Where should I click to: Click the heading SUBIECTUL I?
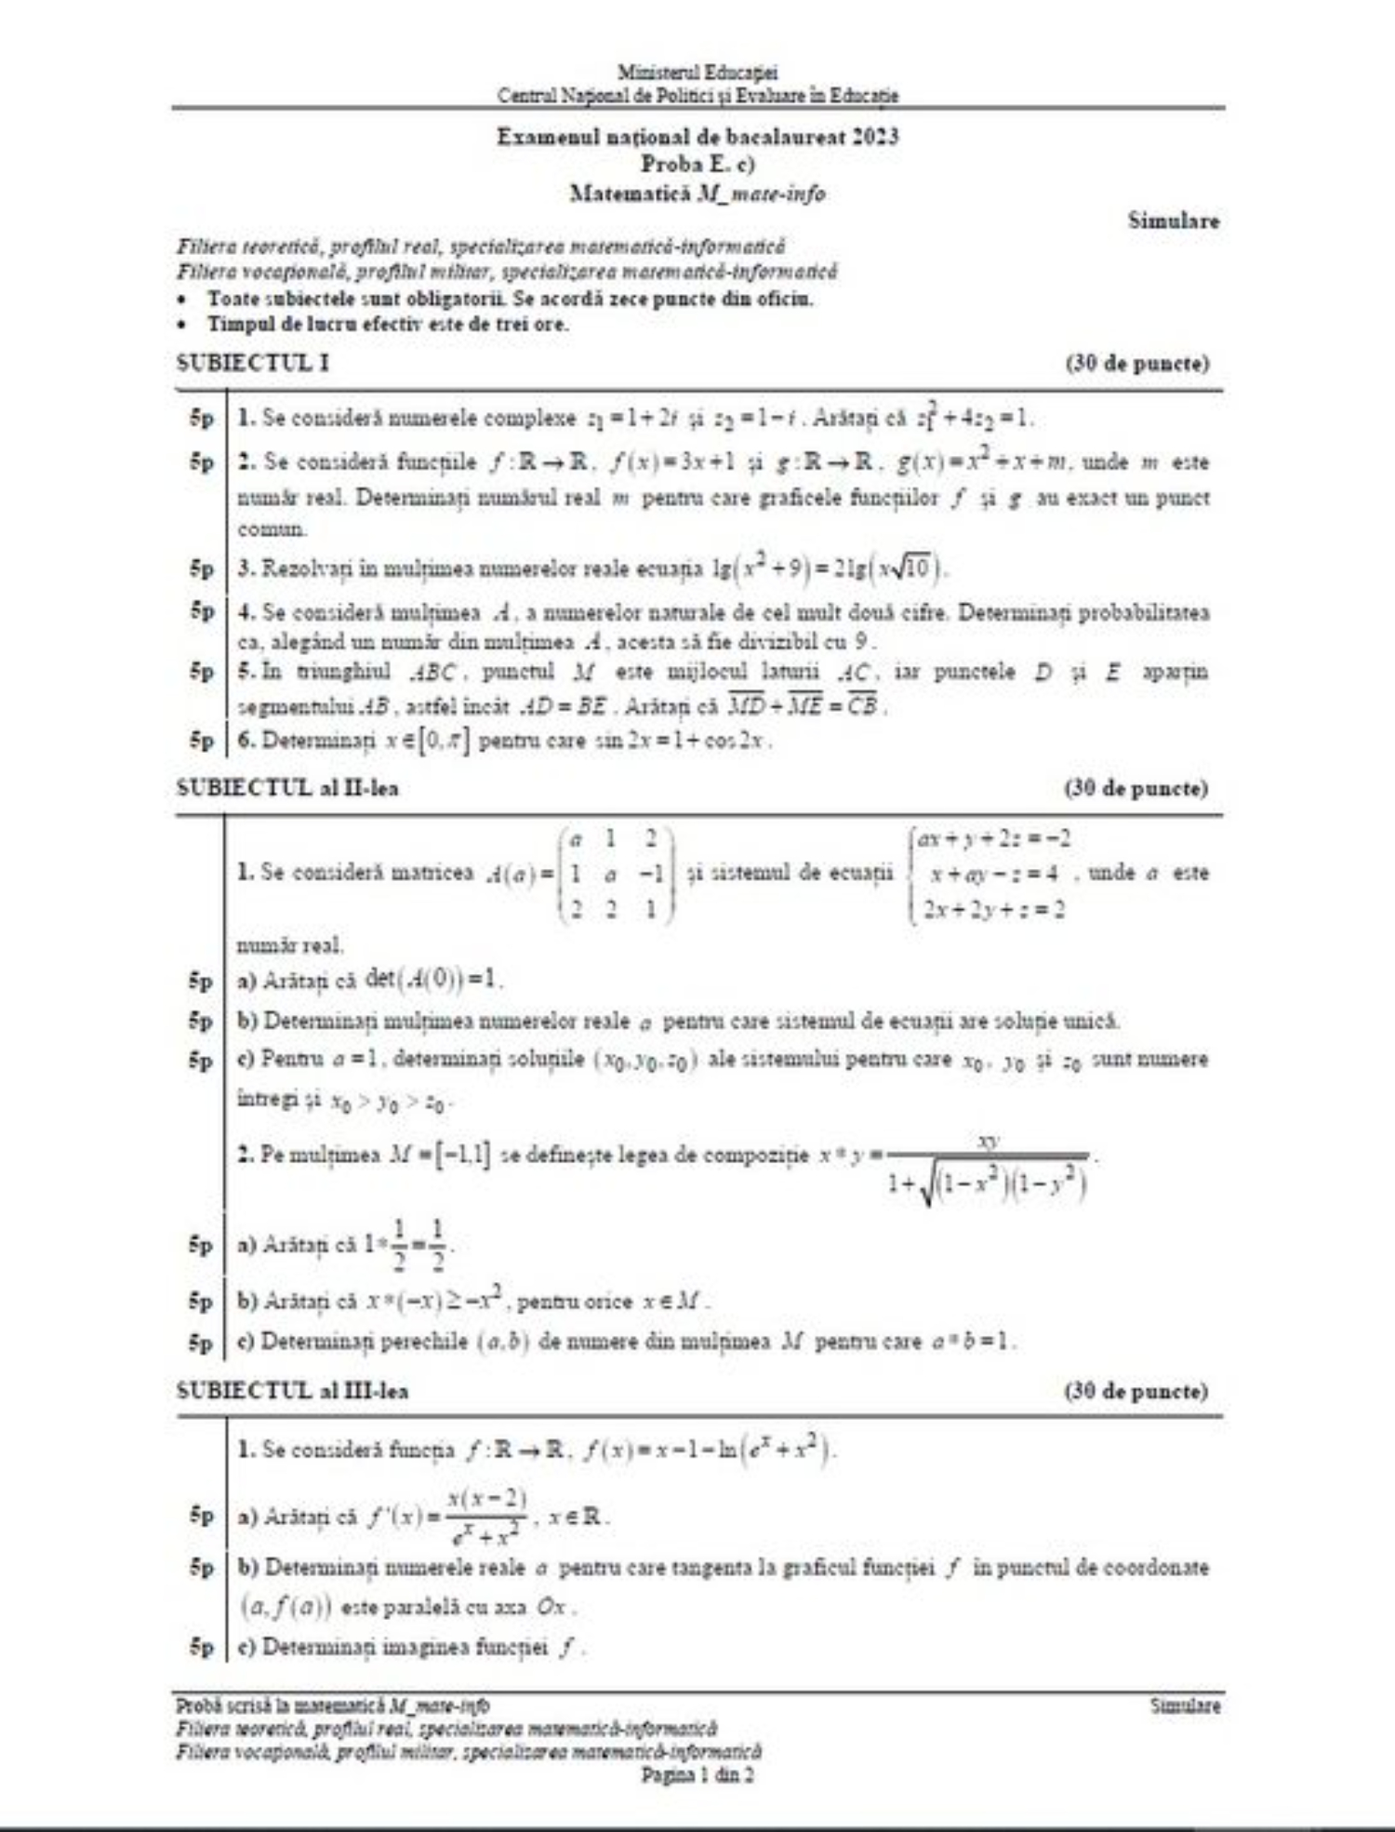252,363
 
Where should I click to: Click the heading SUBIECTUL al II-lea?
287,788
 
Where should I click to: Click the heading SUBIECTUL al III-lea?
292,1391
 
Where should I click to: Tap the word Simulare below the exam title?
1173,221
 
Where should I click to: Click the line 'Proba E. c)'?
697,165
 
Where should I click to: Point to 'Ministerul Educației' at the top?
697,72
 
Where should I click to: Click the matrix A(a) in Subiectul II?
617,874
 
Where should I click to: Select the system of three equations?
990,874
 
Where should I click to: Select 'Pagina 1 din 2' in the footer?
697,1774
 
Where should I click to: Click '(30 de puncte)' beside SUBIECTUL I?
1136,363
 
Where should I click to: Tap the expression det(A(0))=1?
432,980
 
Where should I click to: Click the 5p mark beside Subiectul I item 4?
202,611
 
